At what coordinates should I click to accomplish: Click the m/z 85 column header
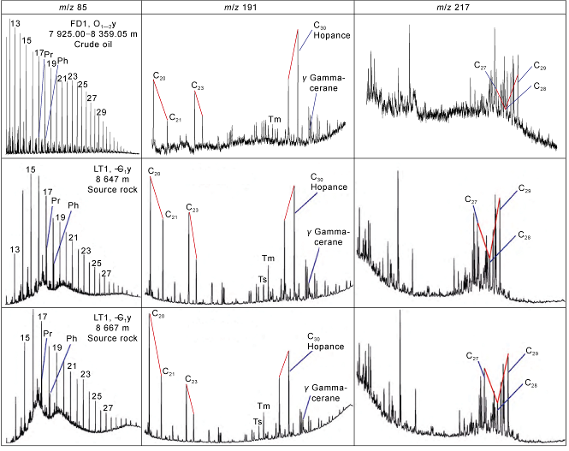click(70, 8)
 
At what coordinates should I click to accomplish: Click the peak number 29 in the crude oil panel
click(102, 112)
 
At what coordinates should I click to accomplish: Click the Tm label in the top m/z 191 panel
click(274, 119)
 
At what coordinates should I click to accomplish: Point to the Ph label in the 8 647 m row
click(73, 205)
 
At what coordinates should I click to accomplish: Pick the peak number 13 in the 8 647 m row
click(15, 249)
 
